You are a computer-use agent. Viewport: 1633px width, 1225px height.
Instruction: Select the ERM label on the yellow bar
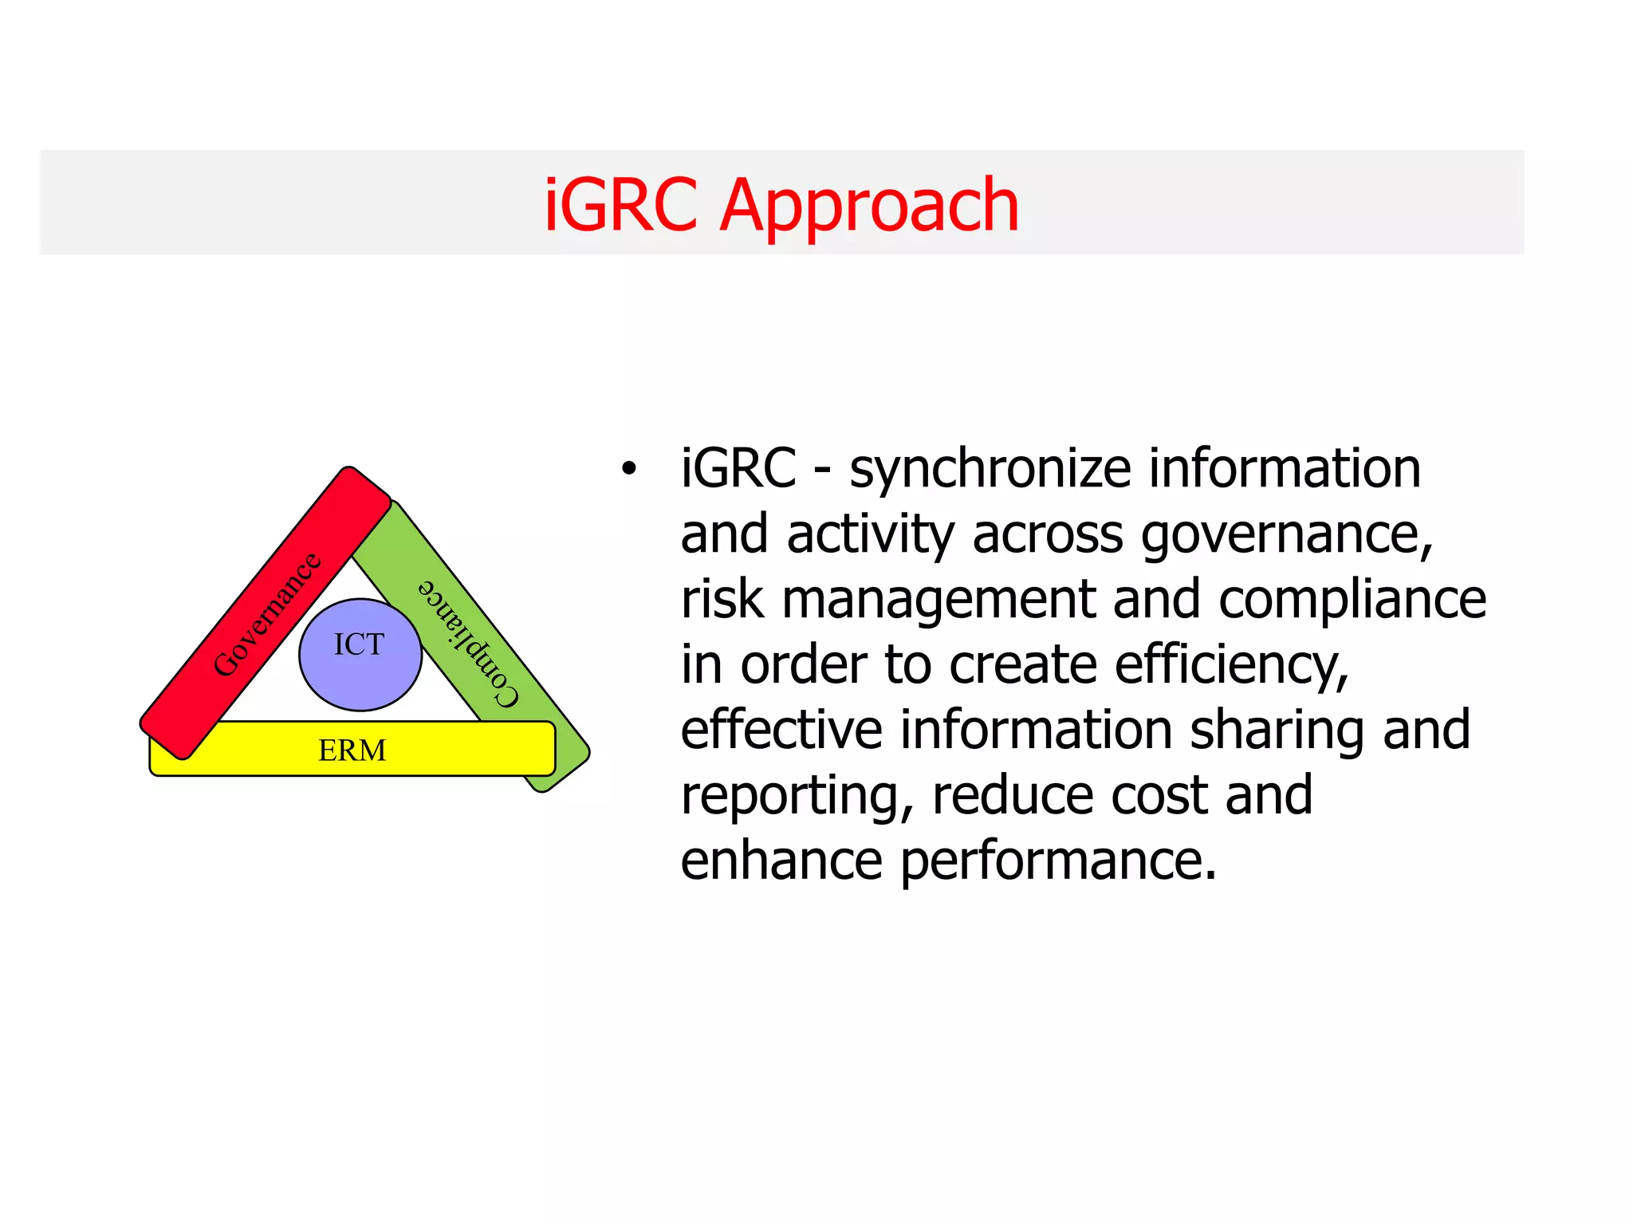352,750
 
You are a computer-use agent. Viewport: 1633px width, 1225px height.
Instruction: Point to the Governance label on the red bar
266,615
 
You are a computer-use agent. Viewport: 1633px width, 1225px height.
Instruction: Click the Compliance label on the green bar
470,643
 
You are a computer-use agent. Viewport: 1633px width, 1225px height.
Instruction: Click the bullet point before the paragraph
629,470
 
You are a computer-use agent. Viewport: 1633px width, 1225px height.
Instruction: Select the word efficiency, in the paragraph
1231,666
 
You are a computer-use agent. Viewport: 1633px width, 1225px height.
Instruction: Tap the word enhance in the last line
781,861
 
